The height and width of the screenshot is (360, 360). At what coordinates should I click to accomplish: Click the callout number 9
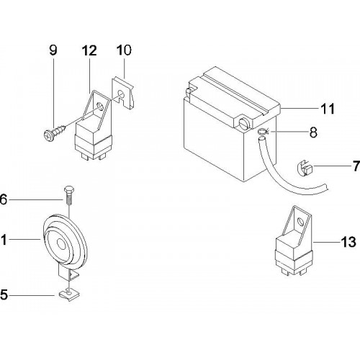tap(53, 50)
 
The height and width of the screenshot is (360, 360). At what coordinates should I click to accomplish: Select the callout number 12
tap(89, 50)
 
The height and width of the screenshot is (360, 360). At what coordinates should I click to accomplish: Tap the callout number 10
tap(124, 50)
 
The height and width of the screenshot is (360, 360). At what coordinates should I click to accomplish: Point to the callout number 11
tap(328, 109)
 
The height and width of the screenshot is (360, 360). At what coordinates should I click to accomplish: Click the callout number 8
tap(313, 132)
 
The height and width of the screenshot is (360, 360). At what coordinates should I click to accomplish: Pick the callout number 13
tap(348, 242)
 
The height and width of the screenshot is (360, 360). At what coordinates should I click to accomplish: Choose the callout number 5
tap(4, 294)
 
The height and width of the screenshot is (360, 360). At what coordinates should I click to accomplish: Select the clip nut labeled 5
tap(69, 295)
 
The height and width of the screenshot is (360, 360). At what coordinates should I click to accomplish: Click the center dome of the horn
tap(62, 245)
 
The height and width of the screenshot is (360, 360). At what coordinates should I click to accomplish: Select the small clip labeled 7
tap(305, 168)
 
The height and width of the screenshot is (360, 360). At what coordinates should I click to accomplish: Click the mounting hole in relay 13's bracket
tap(300, 221)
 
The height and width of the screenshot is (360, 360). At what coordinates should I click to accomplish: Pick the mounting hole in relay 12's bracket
tap(99, 106)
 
